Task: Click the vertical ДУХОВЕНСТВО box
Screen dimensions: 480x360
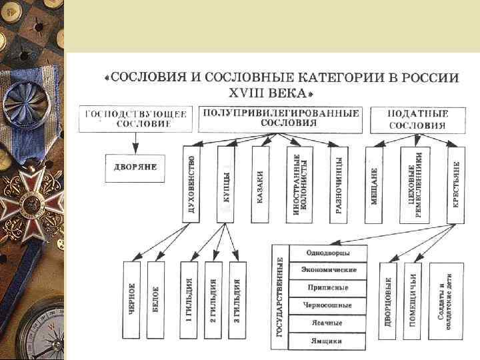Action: coord(191,183)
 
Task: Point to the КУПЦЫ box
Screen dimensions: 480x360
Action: coord(226,183)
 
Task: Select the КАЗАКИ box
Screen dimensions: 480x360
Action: coord(261,183)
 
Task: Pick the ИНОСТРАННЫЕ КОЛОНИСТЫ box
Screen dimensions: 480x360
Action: coord(297,183)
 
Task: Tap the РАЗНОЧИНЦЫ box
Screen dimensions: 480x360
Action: coord(339,183)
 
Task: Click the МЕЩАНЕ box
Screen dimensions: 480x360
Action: coord(374,183)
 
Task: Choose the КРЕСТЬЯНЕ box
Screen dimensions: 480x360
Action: coord(455,183)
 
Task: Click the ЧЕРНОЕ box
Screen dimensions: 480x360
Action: coord(133,299)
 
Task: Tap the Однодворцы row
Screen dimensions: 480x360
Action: coord(327,253)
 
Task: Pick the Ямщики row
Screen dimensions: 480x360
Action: coord(327,340)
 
